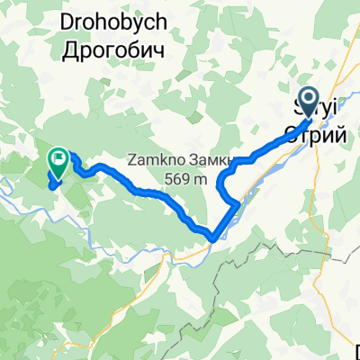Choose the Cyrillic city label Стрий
(x=315, y=133)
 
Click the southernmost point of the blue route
(x=213, y=238)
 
